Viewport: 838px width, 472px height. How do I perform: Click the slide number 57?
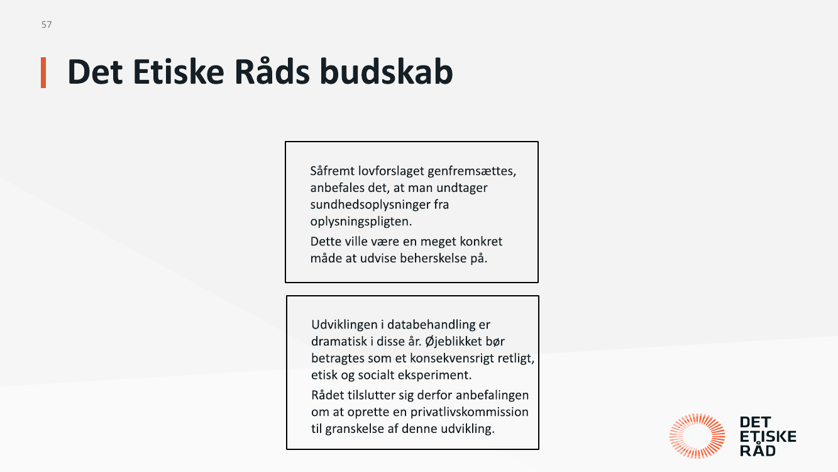click(47, 25)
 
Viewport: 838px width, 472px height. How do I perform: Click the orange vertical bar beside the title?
click(43, 72)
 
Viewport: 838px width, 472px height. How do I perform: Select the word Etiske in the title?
click(179, 72)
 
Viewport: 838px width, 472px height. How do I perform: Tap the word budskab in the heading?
click(386, 72)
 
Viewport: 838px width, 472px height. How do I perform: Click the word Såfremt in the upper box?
click(332, 171)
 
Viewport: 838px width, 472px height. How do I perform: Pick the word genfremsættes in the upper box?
click(471, 172)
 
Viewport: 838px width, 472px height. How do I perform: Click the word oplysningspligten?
click(361, 222)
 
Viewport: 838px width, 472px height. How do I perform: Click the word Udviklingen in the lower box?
click(345, 325)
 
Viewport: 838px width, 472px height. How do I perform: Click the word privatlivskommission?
click(470, 412)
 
